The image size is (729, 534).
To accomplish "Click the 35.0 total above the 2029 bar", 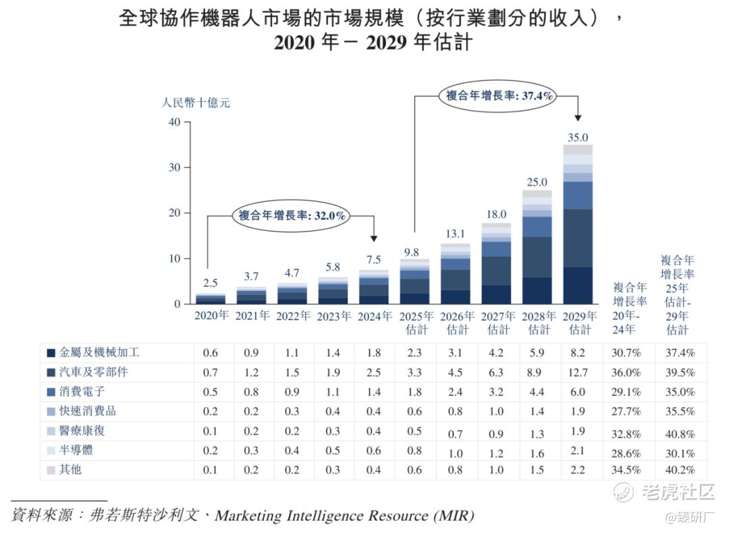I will pyautogui.click(x=577, y=138).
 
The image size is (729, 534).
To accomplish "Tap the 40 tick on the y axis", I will pyautogui.click(x=174, y=122).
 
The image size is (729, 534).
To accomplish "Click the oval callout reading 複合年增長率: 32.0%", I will pyautogui.click(x=293, y=216).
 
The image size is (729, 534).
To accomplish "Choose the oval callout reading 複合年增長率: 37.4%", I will pyautogui.click(x=500, y=97).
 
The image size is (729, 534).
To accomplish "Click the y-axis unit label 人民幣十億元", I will pyautogui.click(x=196, y=103).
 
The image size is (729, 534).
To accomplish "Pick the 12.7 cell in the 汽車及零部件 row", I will pyautogui.click(x=578, y=372).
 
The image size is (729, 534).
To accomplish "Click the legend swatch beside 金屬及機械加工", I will pyautogui.click(x=51, y=353).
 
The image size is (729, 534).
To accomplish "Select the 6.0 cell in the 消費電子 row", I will pyautogui.click(x=578, y=392).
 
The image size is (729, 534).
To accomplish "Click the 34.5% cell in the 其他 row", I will pyautogui.click(x=628, y=470).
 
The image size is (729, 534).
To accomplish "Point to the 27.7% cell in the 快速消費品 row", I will pyautogui.click(x=628, y=411).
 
